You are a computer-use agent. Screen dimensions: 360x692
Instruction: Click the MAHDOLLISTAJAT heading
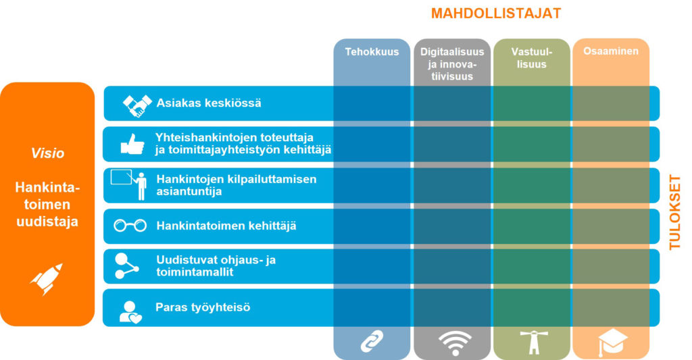pos(496,14)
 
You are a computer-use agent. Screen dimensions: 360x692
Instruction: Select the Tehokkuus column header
pos(372,51)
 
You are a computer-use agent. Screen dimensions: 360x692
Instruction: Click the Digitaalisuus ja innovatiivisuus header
pos(452,64)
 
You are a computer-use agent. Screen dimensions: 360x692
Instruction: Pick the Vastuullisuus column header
pos(532,58)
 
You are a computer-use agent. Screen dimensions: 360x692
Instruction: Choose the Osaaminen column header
pos(611,51)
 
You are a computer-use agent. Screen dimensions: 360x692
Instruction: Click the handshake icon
pos(137,104)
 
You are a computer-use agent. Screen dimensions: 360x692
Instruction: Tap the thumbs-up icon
pos(132,144)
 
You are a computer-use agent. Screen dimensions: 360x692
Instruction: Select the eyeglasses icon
pos(130,226)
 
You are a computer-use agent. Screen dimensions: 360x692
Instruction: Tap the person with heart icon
pos(130,309)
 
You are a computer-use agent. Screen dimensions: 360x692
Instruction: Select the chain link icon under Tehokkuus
pos(372,342)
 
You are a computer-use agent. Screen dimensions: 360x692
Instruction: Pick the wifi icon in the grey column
pos(451,343)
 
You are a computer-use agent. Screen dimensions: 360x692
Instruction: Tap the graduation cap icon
pos(612,343)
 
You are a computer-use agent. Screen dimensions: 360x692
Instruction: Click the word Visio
pos(48,153)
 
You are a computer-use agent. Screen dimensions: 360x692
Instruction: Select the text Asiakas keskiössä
pos(209,103)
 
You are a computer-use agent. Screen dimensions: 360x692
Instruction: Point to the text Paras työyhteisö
pos(203,308)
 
